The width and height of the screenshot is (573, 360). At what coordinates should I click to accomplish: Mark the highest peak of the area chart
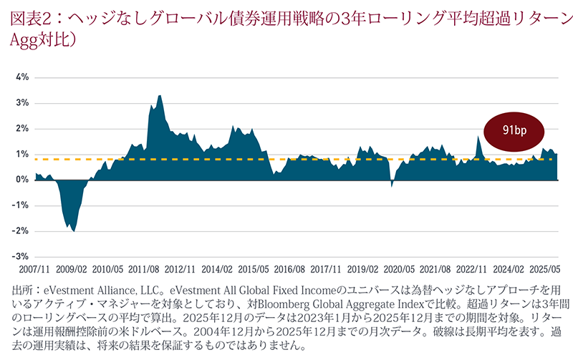click(x=159, y=96)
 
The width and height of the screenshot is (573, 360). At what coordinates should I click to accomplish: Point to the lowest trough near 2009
click(x=74, y=230)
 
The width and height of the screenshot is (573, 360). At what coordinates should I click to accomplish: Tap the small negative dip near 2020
click(x=392, y=185)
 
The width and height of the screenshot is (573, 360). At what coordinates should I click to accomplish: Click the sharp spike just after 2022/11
click(x=478, y=137)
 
